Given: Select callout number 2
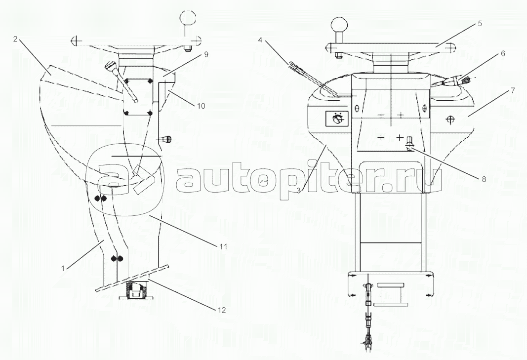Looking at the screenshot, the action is [15, 39].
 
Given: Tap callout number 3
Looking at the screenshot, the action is [298, 191].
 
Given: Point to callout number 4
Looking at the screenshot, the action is [260, 40].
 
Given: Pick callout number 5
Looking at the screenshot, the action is [480, 23].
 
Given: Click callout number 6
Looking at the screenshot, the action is [503, 53].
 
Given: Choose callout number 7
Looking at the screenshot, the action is [513, 90].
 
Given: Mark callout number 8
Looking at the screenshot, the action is [484, 179].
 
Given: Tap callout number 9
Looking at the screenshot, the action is [206, 54].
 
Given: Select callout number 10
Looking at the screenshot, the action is [201, 106].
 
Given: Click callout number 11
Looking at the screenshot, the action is [224, 247].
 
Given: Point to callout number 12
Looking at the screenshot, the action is [222, 310].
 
